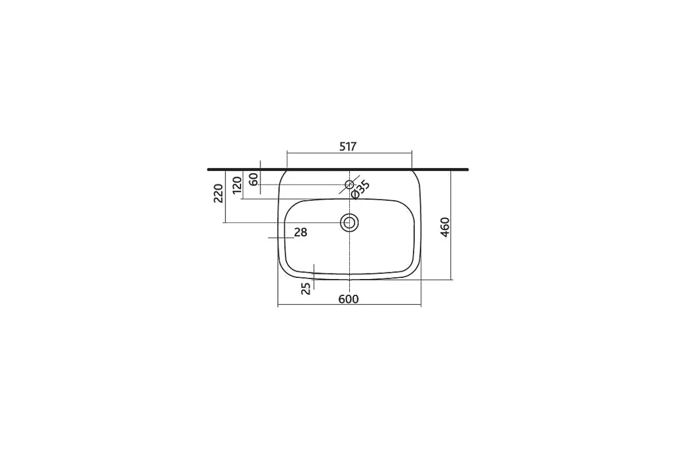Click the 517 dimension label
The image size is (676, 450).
click(x=348, y=146)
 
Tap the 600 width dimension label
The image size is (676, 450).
click(x=349, y=299)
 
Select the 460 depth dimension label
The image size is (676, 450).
click(x=445, y=227)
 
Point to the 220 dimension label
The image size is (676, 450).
click(x=218, y=193)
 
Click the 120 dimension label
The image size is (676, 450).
click(x=237, y=186)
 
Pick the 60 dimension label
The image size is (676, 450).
click(x=253, y=179)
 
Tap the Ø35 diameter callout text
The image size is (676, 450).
click(x=361, y=190)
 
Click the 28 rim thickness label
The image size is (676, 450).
click(x=301, y=232)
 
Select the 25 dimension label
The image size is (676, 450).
click(x=306, y=289)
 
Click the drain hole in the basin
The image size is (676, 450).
click(x=349, y=223)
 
